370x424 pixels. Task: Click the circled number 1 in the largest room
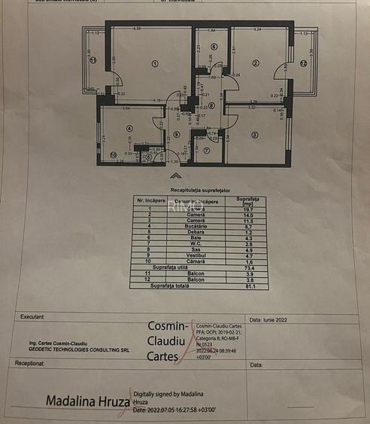click(155, 63)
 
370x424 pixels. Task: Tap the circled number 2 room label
click(256, 63)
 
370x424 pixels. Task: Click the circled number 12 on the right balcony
click(304, 64)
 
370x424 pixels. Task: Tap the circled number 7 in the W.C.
click(206, 151)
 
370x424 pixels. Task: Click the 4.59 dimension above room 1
click(137, 29)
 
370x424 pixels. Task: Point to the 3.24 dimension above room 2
click(257, 29)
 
